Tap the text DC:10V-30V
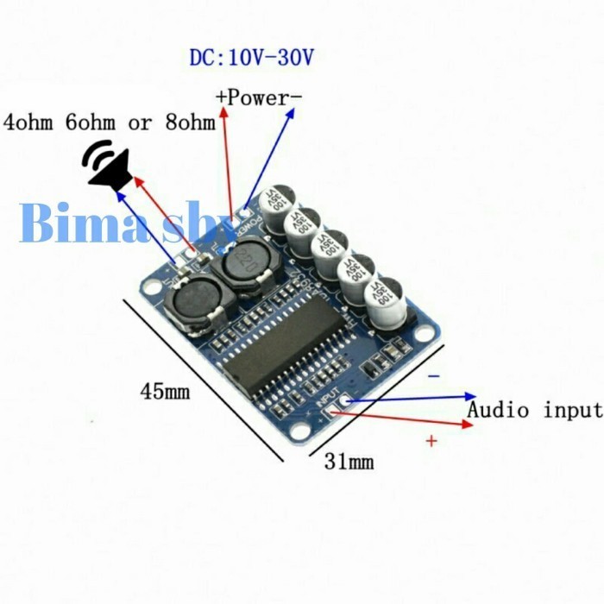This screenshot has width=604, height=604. [x=252, y=58]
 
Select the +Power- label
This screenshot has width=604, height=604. [x=258, y=98]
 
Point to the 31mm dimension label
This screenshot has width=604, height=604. [x=349, y=462]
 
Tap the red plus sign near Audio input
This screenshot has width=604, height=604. [x=431, y=441]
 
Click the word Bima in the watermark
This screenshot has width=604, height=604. [x=65, y=222]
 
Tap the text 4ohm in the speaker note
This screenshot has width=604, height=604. [x=31, y=122]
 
